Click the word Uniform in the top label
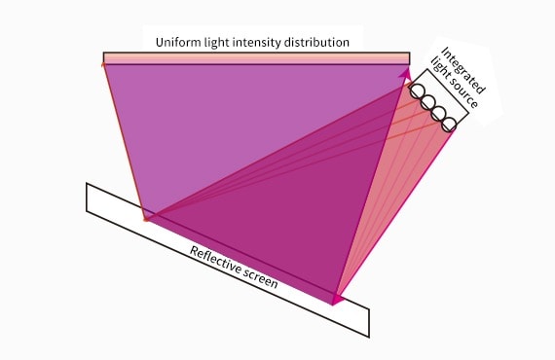(x=178, y=42)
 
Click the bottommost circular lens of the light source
(x=448, y=125)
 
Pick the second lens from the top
(x=427, y=102)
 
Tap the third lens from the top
(x=438, y=113)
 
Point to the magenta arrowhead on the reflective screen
(x=337, y=298)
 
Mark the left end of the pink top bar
(x=105, y=58)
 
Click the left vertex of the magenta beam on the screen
(x=145, y=218)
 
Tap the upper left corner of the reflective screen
(x=88, y=185)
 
